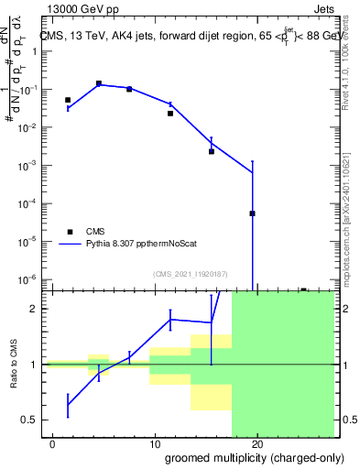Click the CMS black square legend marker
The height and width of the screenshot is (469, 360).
(x=70, y=232)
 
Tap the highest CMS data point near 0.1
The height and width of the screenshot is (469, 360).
(x=99, y=83)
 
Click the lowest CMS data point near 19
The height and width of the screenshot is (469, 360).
(x=252, y=213)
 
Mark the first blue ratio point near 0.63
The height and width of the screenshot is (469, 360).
(x=68, y=404)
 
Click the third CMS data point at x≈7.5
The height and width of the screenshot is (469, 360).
(x=129, y=89)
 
